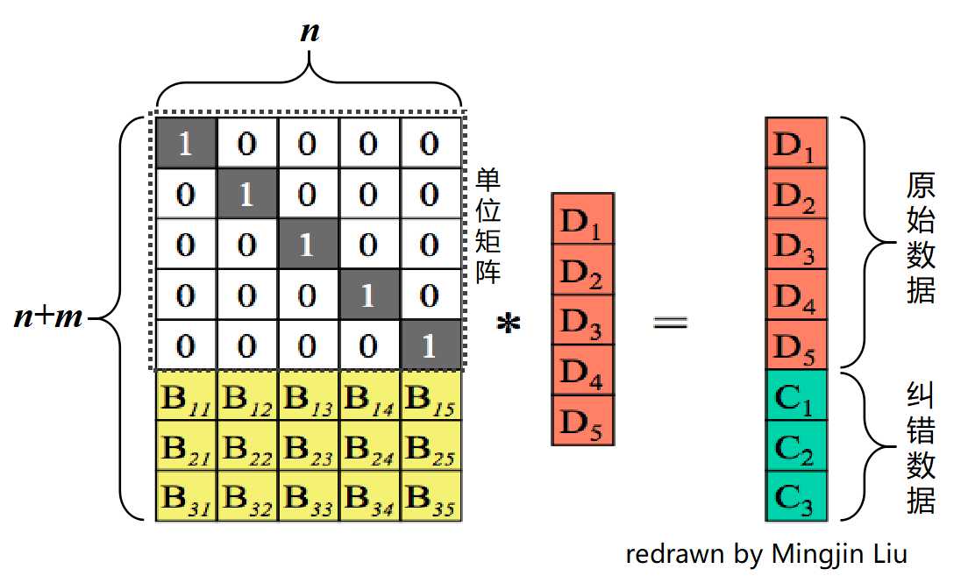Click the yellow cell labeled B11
point(186,397)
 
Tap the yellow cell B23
point(308,447)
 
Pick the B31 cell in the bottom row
point(186,497)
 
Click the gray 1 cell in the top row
point(186,143)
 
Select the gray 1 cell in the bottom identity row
point(430,345)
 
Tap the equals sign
point(671,323)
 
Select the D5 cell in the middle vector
point(582,421)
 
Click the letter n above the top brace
point(309,32)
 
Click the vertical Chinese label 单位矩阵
point(488,226)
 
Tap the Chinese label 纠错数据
point(921,447)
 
